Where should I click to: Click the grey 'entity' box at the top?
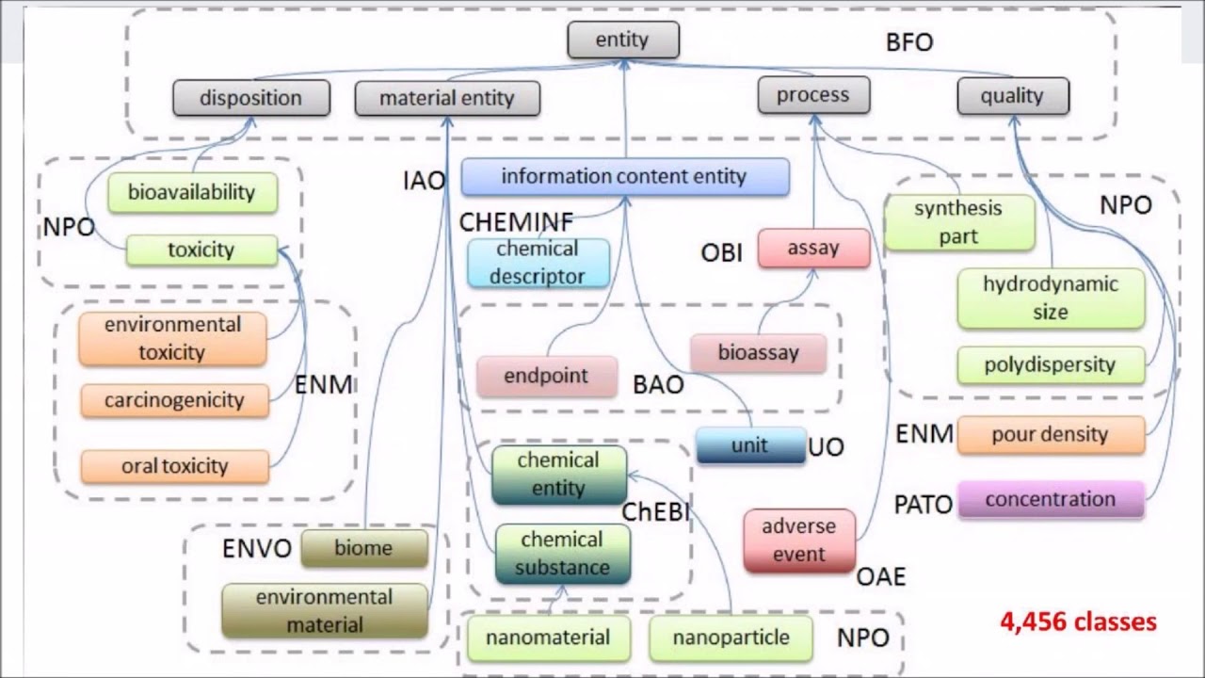[x=622, y=40]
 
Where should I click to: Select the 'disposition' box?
[x=251, y=98]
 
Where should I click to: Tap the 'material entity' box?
[x=447, y=98]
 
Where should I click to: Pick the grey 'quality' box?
[x=1012, y=96]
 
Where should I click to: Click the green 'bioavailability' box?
[x=192, y=192]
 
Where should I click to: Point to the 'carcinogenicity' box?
[x=174, y=400]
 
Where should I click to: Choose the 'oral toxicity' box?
[x=175, y=466]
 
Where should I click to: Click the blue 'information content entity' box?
[x=624, y=177]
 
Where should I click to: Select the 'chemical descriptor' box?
[x=538, y=263]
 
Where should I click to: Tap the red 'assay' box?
[x=813, y=249]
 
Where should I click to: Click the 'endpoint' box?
[x=546, y=376]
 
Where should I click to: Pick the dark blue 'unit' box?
[x=749, y=445]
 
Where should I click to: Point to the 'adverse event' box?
[x=799, y=540]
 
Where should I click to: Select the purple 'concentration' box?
[x=1051, y=500]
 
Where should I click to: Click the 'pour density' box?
[x=1051, y=435]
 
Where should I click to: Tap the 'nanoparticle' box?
[x=731, y=638]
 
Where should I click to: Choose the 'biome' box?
[x=363, y=548]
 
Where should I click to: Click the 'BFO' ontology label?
[x=909, y=43]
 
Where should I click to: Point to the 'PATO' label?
[x=923, y=505]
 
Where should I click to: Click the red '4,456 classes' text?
[x=1079, y=621]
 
